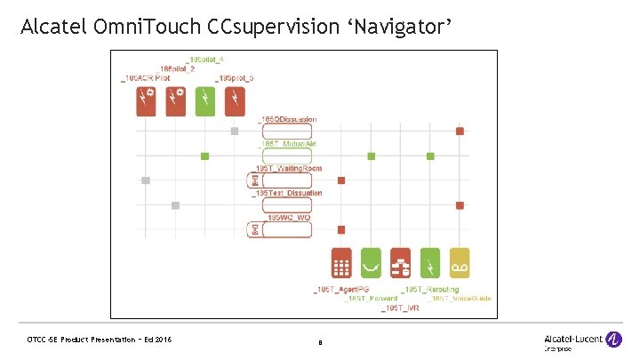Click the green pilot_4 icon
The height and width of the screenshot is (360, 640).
[205, 100]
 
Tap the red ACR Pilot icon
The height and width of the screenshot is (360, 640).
[147, 100]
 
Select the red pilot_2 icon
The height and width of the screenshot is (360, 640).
[176, 100]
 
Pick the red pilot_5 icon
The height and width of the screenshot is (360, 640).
[235, 100]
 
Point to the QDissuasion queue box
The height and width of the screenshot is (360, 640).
[284, 131]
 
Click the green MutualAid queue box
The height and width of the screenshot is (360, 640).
[284, 156]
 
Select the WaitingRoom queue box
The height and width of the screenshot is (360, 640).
[284, 180]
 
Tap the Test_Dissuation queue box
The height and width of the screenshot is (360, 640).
[284, 205]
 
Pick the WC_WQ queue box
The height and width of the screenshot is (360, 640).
[284, 229]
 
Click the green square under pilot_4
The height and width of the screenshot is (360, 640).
[205, 156]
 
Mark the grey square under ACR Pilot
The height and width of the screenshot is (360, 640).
[147, 180]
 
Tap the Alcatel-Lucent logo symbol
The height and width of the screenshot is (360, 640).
[614, 339]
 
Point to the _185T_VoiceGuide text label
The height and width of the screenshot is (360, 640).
[460, 299]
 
